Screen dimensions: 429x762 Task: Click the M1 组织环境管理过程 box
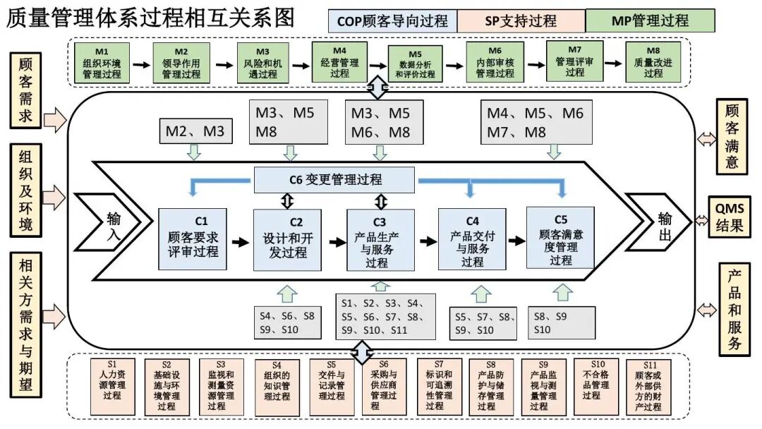(102, 64)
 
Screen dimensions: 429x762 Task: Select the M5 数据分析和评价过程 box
(415, 64)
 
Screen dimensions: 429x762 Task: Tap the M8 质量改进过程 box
(653, 64)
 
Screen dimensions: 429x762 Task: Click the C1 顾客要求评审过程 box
(193, 238)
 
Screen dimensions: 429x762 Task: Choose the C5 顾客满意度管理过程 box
(560, 238)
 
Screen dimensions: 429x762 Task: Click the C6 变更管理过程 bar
(334, 179)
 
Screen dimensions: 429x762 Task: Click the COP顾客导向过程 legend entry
(392, 20)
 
